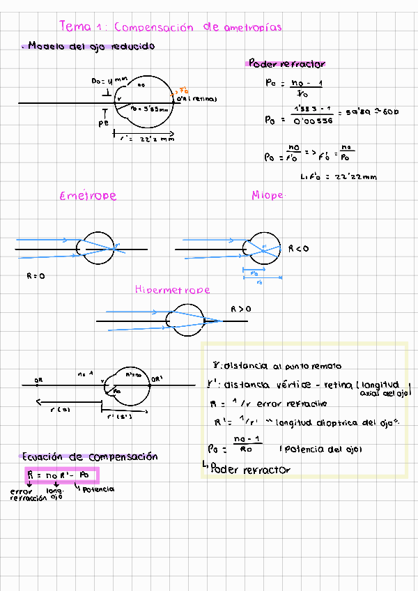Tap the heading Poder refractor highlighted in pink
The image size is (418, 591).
(x=286, y=63)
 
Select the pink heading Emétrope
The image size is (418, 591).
(x=88, y=196)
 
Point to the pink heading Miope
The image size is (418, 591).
(x=268, y=196)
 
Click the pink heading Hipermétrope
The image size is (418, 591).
(x=172, y=289)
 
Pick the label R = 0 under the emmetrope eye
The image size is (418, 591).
(x=36, y=276)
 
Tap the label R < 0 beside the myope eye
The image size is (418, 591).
(x=298, y=247)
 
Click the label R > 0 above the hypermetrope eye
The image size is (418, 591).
(x=241, y=307)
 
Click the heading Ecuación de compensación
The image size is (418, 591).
(x=90, y=457)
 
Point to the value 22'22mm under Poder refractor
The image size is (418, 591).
(x=355, y=176)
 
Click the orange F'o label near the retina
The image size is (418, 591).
(x=184, y=91)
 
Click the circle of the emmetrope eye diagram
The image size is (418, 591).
(x=97, y=247)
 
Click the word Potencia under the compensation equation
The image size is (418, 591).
(x=100, y=489)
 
